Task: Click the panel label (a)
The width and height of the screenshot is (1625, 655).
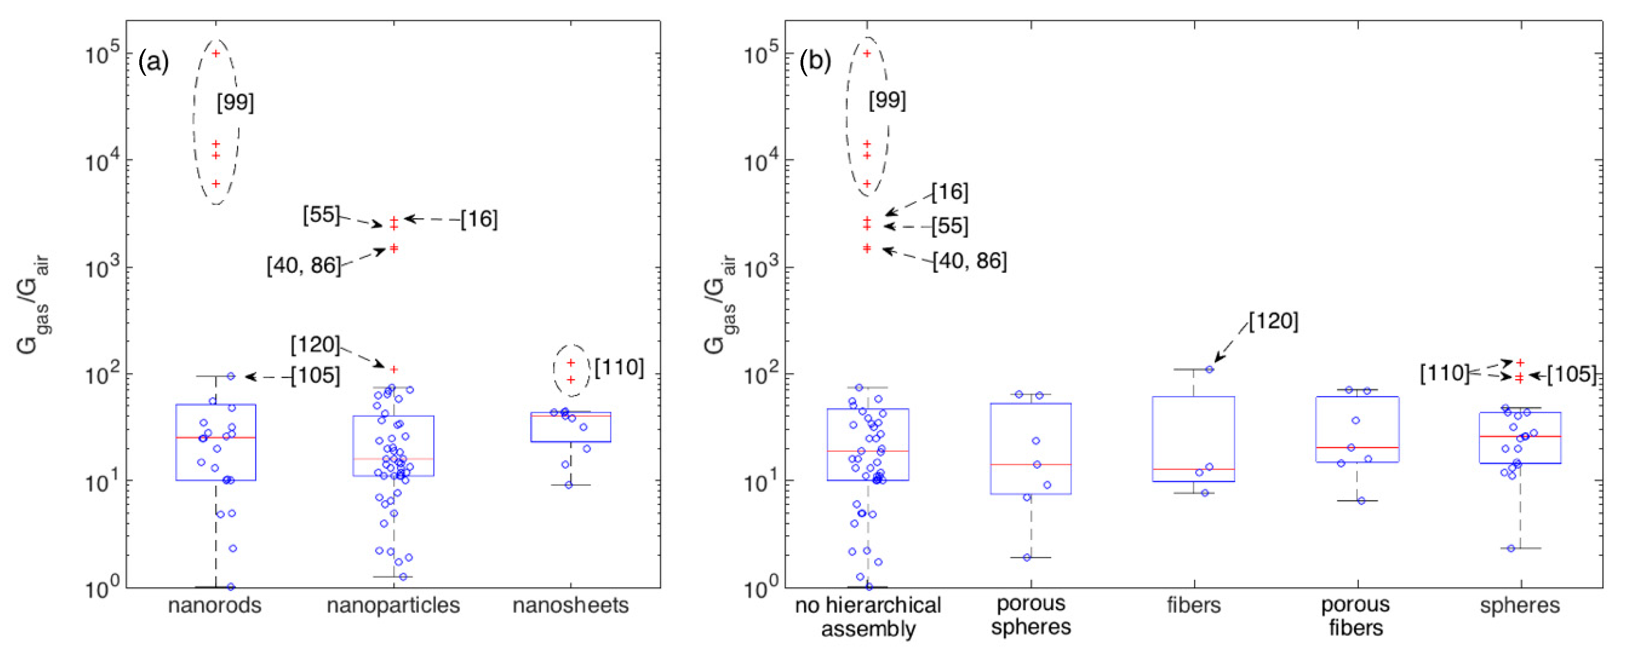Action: point(153,62)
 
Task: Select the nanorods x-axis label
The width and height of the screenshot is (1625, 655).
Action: point(215,605)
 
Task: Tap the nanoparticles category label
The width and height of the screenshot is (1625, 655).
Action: point(393,605)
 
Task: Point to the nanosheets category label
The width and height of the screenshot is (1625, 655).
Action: point(570,605)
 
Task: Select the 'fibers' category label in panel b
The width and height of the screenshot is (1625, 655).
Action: point(1193,605)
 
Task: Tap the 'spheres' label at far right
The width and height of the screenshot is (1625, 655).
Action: point(1519,605)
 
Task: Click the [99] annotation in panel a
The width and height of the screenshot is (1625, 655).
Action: point(236,102)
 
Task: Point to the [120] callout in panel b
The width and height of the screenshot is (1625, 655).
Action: point(1273,321)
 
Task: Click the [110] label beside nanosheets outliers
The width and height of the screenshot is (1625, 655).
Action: point(619,367)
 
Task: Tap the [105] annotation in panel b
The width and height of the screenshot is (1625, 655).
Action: point(1571,374)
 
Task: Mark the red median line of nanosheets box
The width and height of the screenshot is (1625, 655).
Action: point(570,416)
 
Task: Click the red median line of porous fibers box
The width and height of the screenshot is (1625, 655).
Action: point(1357,447)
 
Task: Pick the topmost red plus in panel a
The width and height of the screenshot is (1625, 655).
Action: point(216,53)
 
